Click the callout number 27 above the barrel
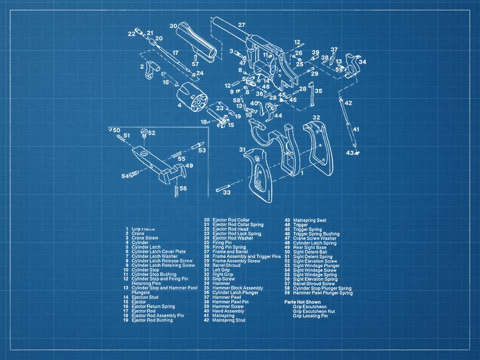(x=242, y=25)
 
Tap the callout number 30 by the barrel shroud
(x=173, y=26)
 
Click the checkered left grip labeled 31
(x=259, y=172)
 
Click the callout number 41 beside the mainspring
(x=356, y=129)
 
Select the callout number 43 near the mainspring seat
(x=349, y=153)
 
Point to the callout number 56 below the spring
(x=183, y=188)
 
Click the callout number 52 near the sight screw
(x=152, y=133)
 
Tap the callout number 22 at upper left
(x=132, y=34)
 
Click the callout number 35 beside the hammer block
(x=318, y=91)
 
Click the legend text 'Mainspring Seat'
(x=309, y=220)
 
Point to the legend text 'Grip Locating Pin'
(x=310, y=316)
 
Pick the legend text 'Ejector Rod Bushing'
(x=152, y=320)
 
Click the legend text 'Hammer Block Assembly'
(x=237, y=288)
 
